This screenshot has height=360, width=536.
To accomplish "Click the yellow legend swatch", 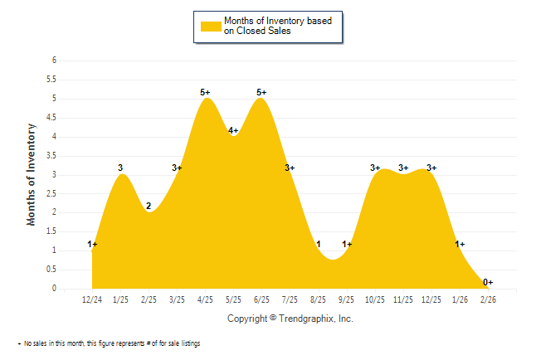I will click(x=211, y=26).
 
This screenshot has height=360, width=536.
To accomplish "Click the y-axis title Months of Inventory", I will click(x=32, y=174).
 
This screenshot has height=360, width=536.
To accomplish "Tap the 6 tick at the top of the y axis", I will click(x=53, y=61).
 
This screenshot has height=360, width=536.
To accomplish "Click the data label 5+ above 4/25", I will click(x=206, y=92).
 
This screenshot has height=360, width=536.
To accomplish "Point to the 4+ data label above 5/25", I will click(x=233, y=130).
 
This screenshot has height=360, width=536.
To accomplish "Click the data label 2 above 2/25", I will click(x=149, y=206).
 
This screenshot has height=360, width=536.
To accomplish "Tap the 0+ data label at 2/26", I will click(x=489, y=282).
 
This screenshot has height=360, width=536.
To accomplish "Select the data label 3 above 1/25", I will click(x=120, y=168).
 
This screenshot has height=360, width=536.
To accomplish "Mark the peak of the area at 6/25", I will click(x=261, y=99).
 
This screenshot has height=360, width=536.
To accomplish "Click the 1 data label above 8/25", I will click(x=319, y=244).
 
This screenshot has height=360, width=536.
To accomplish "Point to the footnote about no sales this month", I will click(x=109, y=343).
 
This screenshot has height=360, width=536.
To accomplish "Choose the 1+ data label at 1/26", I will click(x=460, y=244).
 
